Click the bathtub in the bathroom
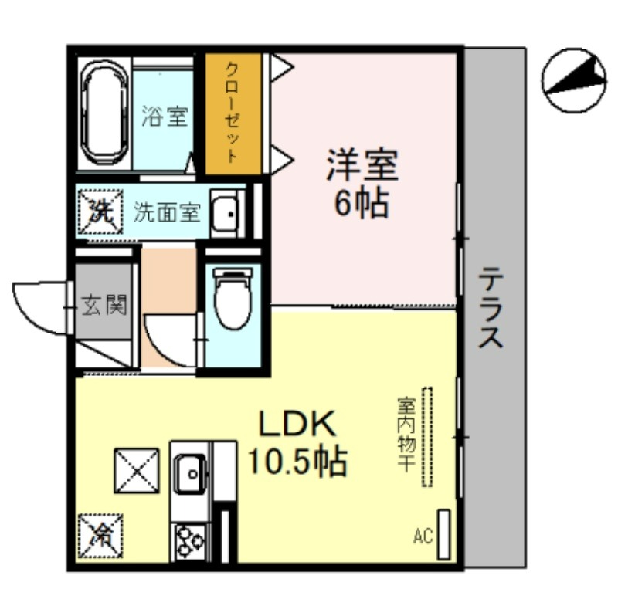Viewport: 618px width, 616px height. [x=106, y=113]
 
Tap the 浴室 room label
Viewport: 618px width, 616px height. [x=165, y=117]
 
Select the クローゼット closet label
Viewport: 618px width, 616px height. [x=233, y=113]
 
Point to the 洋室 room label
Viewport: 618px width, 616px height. [x=362, y=165]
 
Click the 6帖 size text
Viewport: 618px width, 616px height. [x=362, y=204]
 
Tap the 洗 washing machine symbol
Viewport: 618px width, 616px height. [x=100, y=212]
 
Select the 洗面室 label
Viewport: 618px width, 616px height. [x=167, y=212]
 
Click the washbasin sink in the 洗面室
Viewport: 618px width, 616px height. [x=225, y=214]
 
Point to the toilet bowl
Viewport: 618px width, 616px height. [x=233, y=298]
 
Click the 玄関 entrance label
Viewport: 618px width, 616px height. [x=105, y=305]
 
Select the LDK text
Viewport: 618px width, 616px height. [x=297, y=423]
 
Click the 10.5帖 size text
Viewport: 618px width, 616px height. [x=297, y=461]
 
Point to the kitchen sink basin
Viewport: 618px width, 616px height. [x=190, y=474]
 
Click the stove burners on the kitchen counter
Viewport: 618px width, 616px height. [x=190, y=542]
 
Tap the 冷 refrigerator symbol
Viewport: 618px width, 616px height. [x=100, y=536]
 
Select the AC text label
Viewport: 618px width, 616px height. [x=423, y=536]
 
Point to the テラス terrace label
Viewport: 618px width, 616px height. [x=491, y=307]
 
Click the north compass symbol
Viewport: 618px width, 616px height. [x=574, y=80]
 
